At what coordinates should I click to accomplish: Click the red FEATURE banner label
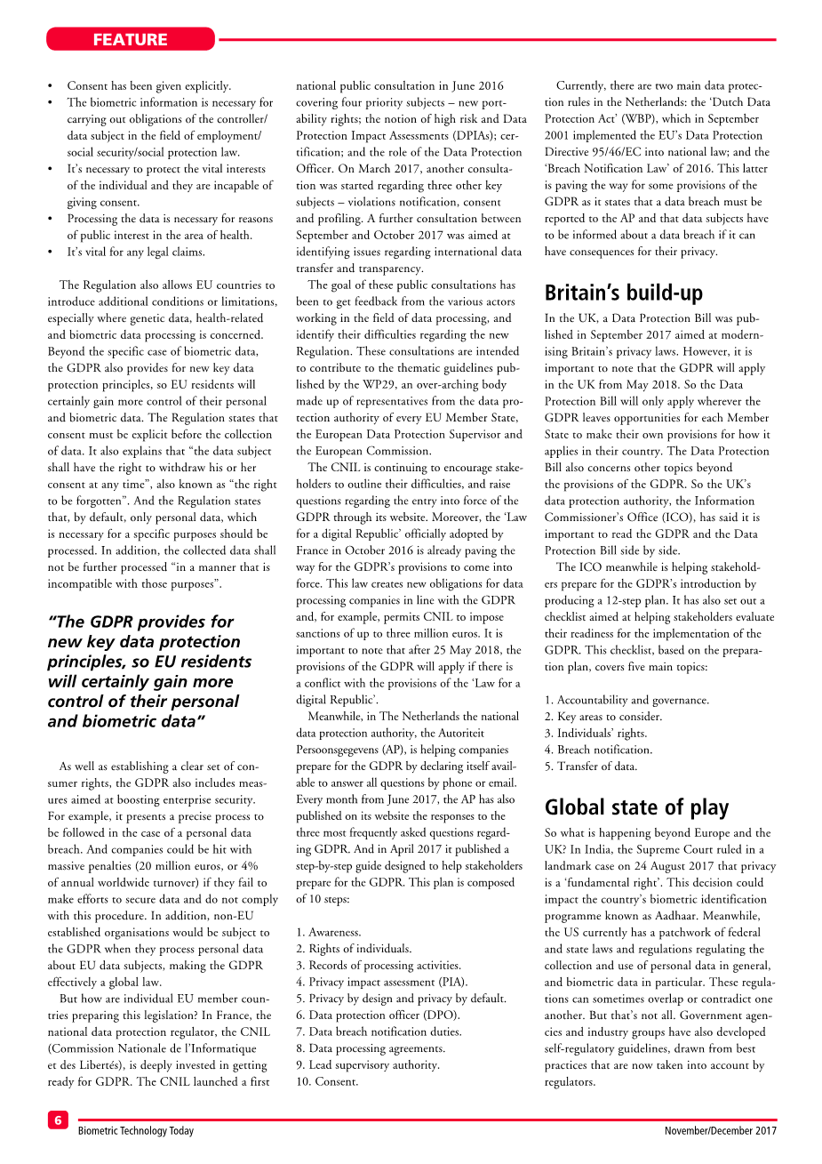tap(130, 39)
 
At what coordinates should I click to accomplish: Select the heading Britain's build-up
tap(623, 293)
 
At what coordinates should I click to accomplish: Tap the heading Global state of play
tap(636, 807)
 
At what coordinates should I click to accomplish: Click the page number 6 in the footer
tap(58, 1120)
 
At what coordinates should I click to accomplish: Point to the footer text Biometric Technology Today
tap(135, 1131)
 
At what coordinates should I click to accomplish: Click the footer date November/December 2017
tap(720, 1131)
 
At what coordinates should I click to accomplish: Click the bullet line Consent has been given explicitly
tap(149, 85)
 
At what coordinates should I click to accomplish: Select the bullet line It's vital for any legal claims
tap(136, 252)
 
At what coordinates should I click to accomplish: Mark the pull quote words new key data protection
tap(144, 641)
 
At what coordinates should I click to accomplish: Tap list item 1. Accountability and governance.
tap(626, 700)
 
